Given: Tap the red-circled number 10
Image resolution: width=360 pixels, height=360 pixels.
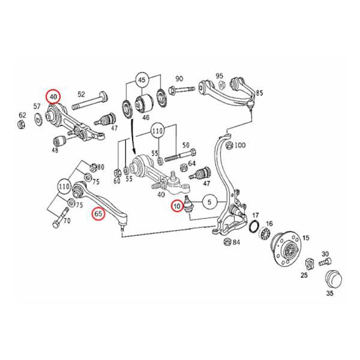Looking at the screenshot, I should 177,206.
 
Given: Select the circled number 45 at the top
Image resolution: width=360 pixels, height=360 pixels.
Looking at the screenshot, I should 142,80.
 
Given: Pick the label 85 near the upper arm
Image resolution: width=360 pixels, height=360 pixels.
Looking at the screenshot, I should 259,92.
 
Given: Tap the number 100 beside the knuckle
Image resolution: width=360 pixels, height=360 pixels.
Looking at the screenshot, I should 240,145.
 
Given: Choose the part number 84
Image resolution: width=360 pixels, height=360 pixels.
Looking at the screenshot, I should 236,242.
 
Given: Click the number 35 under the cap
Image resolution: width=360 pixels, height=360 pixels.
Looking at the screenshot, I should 329,295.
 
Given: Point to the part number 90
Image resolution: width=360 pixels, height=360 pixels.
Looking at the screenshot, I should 179,79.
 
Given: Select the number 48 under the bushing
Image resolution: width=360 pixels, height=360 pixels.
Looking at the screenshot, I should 55,151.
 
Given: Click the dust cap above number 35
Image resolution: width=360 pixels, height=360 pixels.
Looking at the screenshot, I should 332,278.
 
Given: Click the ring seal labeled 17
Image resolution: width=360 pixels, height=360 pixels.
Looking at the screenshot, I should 254,227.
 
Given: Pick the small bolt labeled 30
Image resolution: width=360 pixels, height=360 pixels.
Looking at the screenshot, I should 325,262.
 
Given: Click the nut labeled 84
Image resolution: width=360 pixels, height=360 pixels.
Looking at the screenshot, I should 227,242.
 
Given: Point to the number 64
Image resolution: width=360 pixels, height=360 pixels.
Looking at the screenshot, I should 191,163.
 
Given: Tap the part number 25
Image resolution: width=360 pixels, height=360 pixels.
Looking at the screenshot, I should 304,275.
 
